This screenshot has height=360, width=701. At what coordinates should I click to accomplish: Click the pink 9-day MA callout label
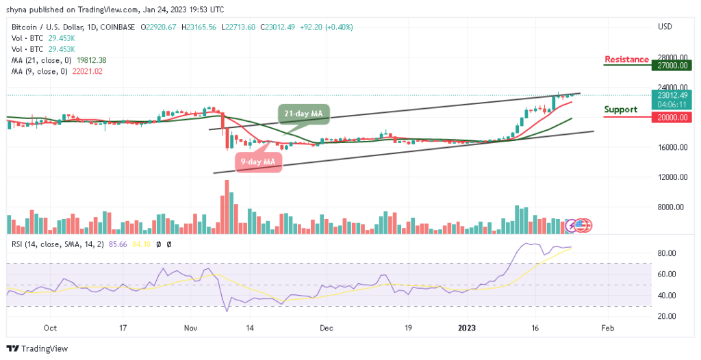click(257, 162)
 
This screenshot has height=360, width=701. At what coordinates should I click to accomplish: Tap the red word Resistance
click(626, 60)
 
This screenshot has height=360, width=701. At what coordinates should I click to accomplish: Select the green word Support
click(621, 110)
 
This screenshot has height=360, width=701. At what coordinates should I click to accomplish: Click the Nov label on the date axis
click(190, 329)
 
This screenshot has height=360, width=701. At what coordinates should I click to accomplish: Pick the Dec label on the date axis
click(326, 329)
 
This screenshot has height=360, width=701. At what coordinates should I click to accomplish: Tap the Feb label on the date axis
click(607, 329)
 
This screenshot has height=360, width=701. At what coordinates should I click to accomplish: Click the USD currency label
click(665, 27)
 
